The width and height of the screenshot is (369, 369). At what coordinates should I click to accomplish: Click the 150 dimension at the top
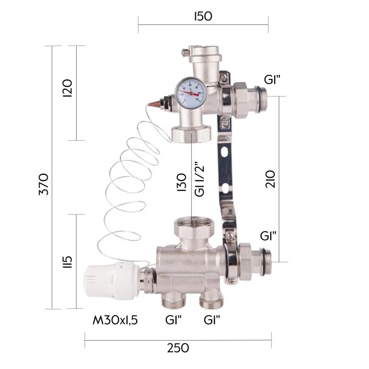click(203, 16)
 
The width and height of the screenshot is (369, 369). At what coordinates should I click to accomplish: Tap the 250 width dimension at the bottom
click(178, 347)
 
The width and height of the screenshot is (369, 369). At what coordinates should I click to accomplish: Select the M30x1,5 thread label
click(115, 320)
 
